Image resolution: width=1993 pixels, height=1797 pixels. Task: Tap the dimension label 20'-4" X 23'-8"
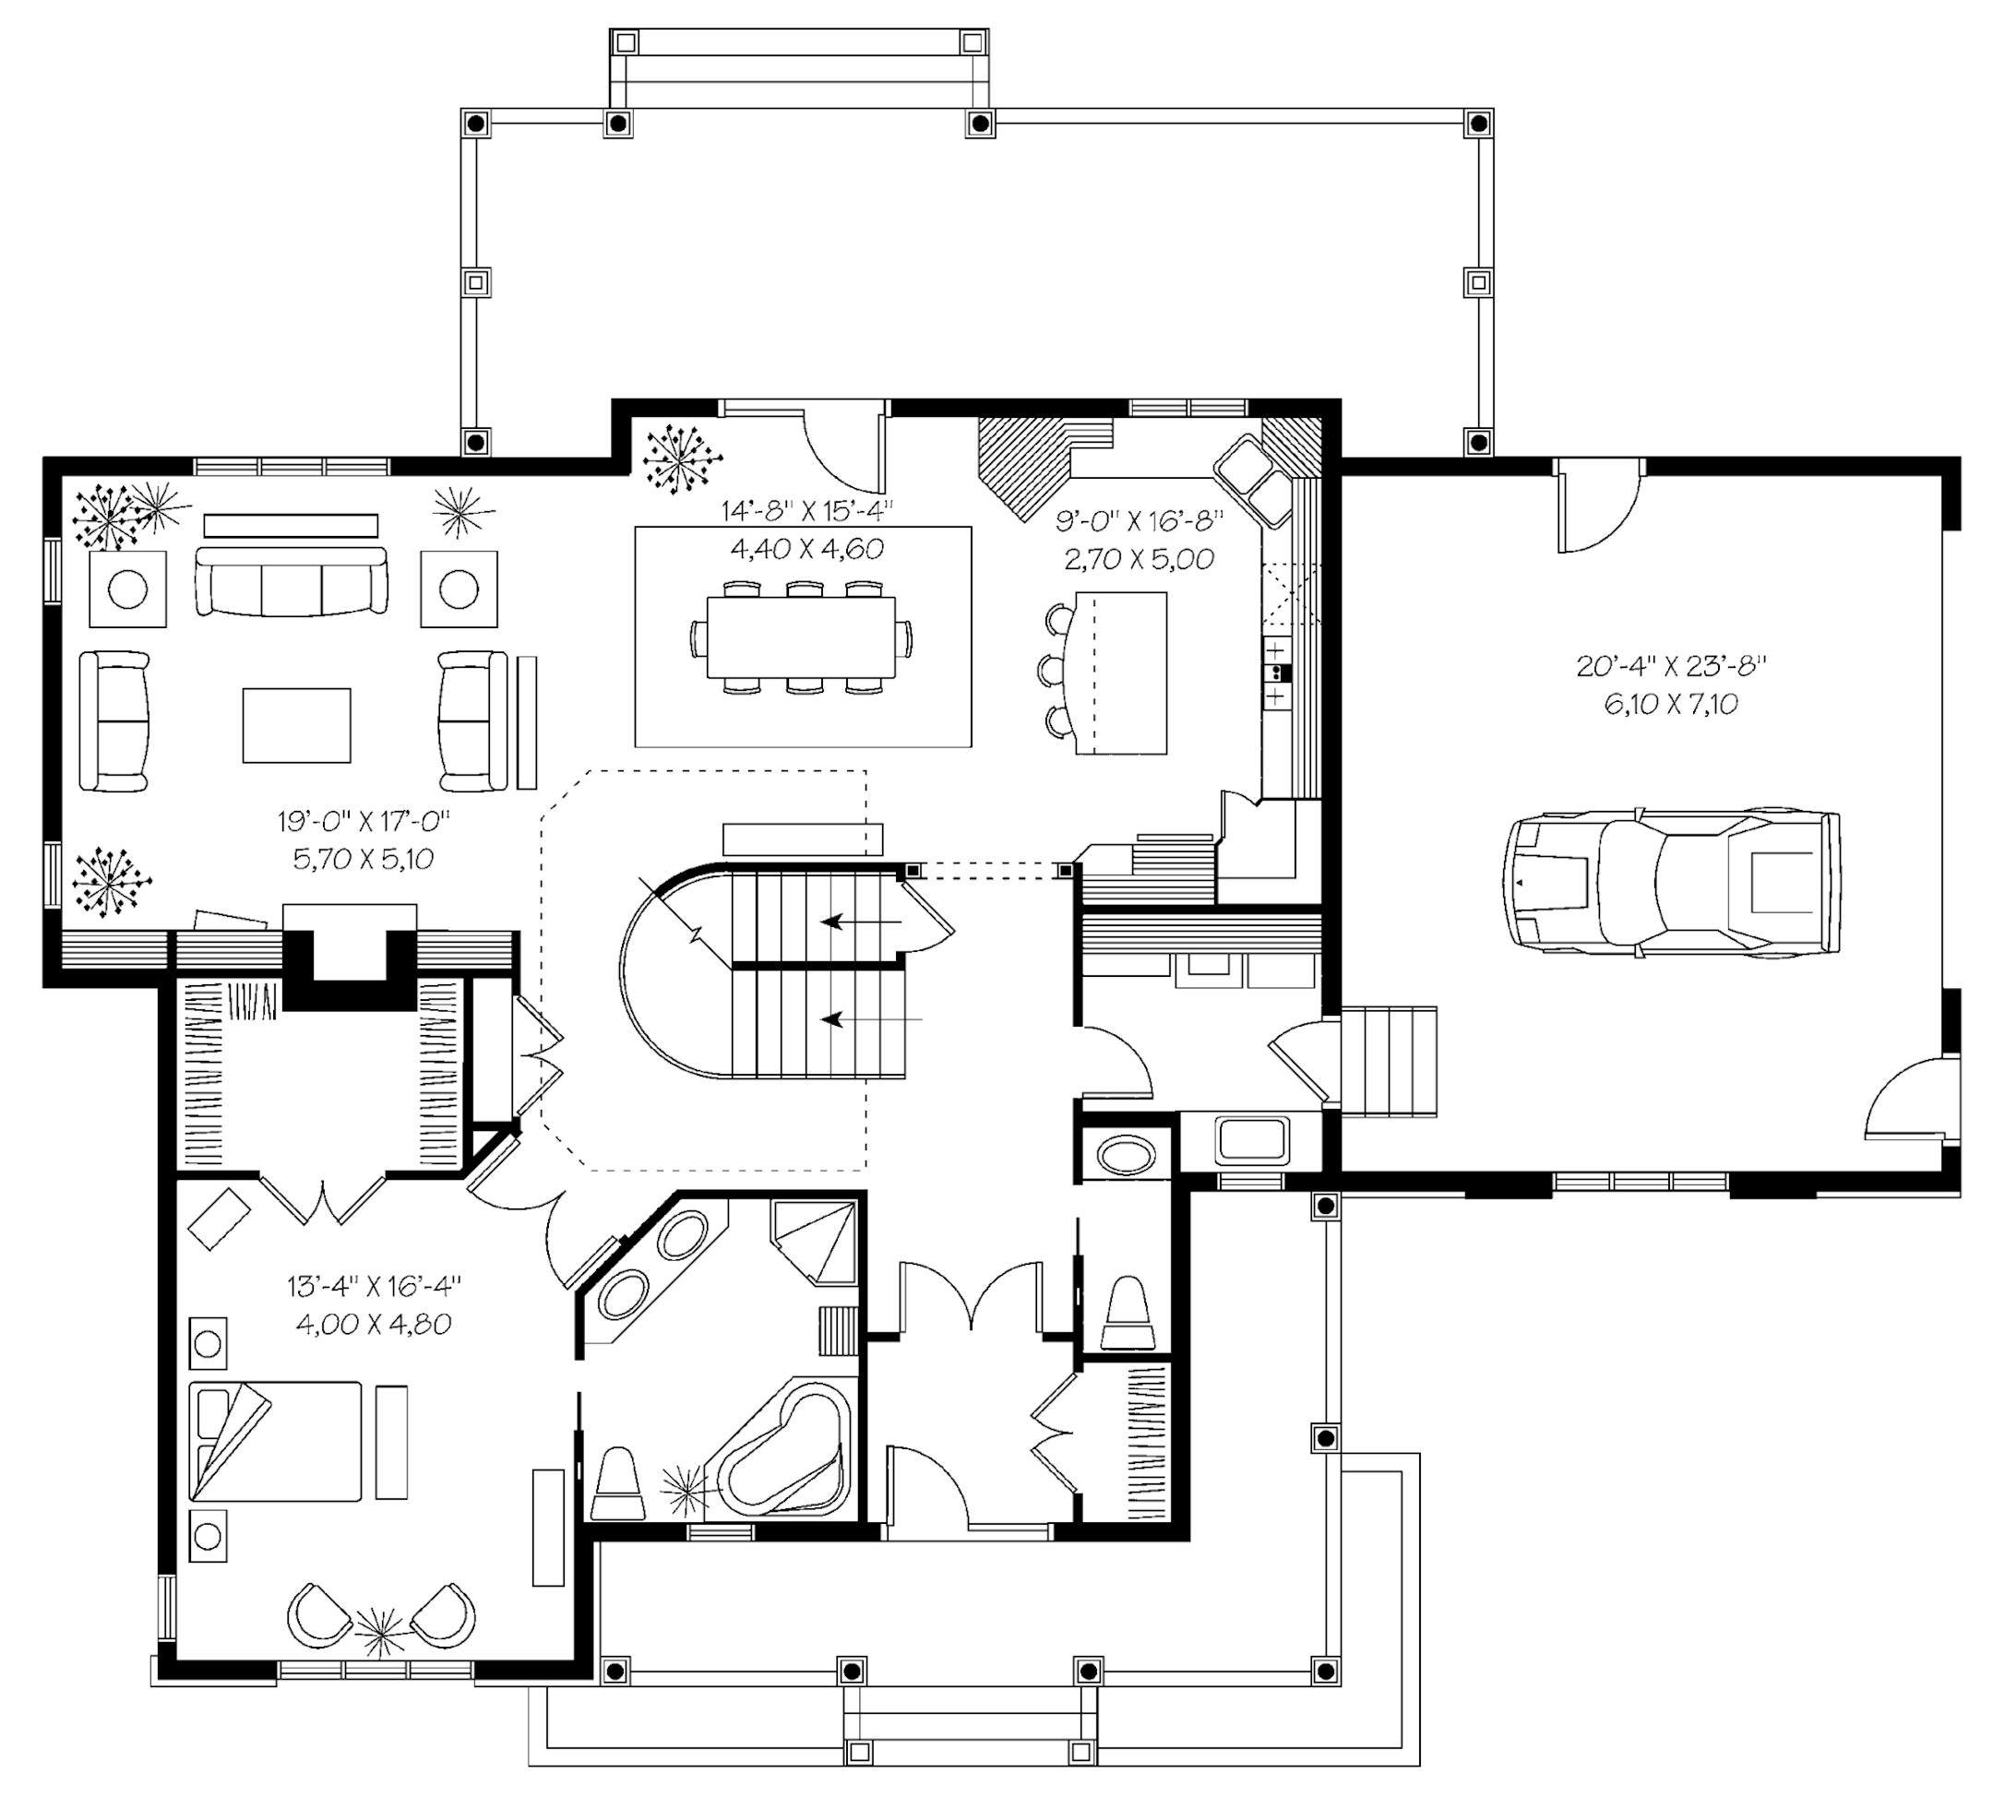[1671, 665]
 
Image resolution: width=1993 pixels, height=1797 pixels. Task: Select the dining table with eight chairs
[801, 637]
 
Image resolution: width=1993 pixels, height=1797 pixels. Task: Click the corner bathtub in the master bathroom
[784, 1448]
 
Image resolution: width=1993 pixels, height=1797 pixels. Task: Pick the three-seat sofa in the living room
[292, 580]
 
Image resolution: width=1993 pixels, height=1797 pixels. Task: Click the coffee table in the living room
[296, 726]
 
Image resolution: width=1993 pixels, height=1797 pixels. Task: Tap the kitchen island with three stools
[1106, 673]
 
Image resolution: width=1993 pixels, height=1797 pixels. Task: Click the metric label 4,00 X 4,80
[374, 1324]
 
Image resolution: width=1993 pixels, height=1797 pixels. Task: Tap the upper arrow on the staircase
[861, 922]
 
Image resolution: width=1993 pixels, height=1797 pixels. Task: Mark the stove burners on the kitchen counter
[1277, 672]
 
